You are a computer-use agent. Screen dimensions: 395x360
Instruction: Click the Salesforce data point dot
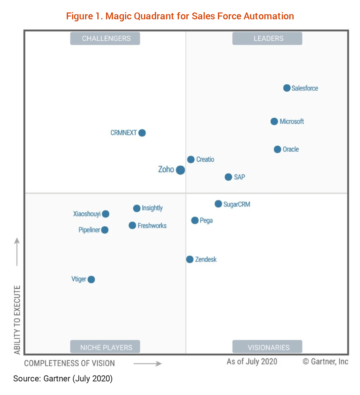287,88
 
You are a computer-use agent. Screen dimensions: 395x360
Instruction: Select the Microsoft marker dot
274,121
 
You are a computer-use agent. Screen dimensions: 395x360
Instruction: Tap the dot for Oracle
277,149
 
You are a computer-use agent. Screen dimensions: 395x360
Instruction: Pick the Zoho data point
180,170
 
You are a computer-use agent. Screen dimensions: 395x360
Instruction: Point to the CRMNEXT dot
142,133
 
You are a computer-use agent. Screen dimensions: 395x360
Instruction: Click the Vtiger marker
91,280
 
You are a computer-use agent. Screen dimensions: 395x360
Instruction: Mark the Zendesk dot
190,260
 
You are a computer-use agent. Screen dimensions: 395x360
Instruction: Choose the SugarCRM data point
218,204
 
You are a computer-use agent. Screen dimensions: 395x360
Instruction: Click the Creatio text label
205,159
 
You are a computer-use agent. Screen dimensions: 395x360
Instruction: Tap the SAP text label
239,177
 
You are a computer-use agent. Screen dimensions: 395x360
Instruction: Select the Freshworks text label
152,226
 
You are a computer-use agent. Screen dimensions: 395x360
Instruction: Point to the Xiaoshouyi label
87,214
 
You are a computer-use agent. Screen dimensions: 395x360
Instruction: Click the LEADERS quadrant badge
267,38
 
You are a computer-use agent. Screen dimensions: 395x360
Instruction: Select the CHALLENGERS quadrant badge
105,38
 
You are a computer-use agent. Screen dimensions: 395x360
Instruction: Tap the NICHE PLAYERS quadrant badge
105,347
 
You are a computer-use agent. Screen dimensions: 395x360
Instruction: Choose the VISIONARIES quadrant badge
267,347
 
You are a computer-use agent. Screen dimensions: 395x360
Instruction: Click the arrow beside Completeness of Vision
148,364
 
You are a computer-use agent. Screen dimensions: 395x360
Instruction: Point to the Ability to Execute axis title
17,320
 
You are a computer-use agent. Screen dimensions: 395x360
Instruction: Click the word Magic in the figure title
119,16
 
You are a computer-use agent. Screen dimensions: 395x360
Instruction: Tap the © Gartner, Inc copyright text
325,362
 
